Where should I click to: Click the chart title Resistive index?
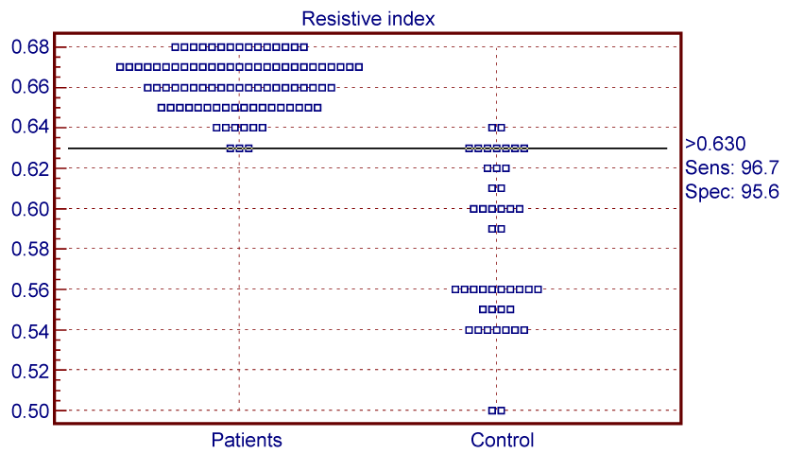click(368, 19)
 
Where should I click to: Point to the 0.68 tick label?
click(30, 47)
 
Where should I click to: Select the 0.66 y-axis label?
click(30, 87)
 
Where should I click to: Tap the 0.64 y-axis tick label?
click(30, 127)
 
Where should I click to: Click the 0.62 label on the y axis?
click(30, 168)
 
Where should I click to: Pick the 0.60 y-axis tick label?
click(30, 209)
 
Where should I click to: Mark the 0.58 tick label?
click(30, 249)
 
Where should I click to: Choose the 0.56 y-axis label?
click(30, 290)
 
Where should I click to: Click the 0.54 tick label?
click(30, 331)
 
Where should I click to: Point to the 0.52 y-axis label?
click(30, 371)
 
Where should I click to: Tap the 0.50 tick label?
click(30, 411)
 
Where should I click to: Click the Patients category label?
click(247, 440)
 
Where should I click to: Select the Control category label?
click(502, 440)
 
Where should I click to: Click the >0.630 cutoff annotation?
click(715, 144)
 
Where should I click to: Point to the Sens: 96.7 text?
click(732, 167)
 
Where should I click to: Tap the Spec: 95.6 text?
click(732, 192)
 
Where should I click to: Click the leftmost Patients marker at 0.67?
click(120, 67)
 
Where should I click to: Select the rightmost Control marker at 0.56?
click(539, 289)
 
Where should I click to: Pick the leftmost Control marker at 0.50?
click(492, 410)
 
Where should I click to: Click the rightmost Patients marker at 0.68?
click(303, 47)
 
